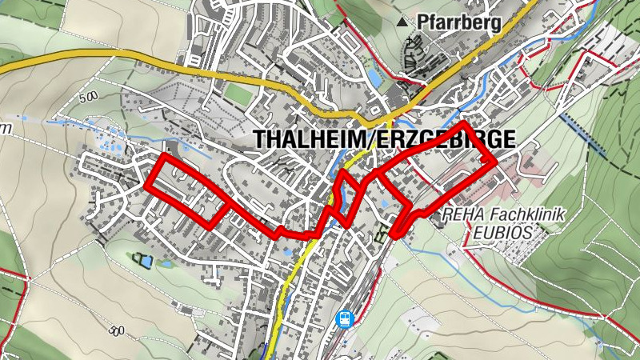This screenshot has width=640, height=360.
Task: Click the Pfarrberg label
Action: coord(459,22)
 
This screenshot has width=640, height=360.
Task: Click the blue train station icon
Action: coord(345,319)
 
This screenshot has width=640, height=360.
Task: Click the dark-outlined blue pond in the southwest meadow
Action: coord(143,259)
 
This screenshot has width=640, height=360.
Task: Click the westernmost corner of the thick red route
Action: coord(147,185)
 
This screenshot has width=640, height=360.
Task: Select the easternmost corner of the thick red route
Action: coord(495,161)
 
